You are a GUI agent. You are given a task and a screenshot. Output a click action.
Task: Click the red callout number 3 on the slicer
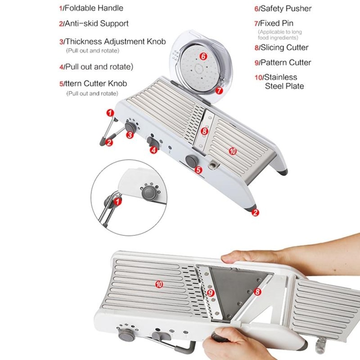[130, 135]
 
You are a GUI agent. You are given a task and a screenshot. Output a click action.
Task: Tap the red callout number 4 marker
[154, 150]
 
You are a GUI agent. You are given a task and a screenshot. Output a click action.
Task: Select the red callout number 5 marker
[199, 170]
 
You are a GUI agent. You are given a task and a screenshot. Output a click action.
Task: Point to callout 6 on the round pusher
[203, 56]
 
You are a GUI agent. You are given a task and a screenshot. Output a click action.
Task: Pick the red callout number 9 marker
[211, 293]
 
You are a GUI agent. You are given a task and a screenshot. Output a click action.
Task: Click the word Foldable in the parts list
[80, 8]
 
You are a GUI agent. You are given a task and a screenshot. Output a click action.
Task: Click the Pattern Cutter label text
[285, 62]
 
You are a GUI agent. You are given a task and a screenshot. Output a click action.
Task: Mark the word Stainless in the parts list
[280, 77]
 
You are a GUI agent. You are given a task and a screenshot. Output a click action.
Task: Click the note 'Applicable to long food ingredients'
[280, 35]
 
